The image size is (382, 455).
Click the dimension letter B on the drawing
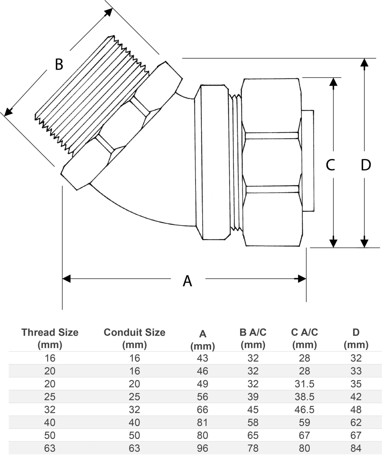[x=59, y=64]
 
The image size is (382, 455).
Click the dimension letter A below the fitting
[x=187, y=281]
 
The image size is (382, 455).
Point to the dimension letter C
[x=330, y=165]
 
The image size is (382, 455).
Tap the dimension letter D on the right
[x=366, y=165]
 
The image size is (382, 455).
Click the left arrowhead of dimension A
[x=66, y=278]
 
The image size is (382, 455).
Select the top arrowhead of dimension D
[x=364, y=63]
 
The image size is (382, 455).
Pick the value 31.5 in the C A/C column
[x=304, y=384]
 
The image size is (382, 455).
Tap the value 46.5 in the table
[x=304, y=409]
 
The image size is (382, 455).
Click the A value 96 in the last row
[x=202, y=448]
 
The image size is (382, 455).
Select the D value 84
[x=356, y=448]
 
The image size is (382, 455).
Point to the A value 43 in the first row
[x=202, y=358]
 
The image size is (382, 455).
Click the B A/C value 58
[x=253, y=422]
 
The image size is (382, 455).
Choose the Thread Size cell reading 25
[x=50, y=397]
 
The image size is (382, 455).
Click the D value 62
[x=356, y=422]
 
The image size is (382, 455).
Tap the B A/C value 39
[x=253, y=397]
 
